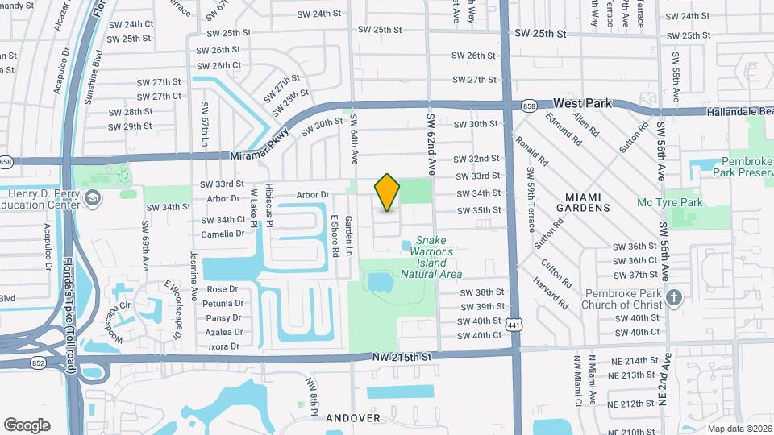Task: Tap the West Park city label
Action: (583, 104)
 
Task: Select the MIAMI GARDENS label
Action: (587, 201)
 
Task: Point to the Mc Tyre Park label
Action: (670, 202)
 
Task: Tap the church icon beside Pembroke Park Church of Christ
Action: (675, 296)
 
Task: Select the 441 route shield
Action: (514, 324)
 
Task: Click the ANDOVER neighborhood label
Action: (352, 418)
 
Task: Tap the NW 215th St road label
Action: (404, 355)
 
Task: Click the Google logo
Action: (27, 425)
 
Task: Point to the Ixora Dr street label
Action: (223, 346)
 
